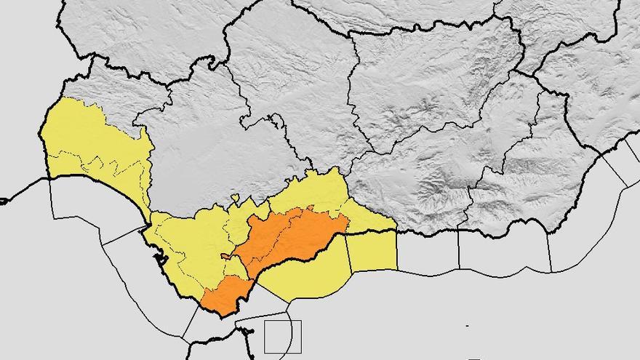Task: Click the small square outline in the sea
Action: pos(282,337)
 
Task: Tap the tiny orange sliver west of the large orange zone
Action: pos(226,256)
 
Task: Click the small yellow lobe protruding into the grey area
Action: pos(235,198)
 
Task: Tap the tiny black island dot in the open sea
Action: pos(467,325)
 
